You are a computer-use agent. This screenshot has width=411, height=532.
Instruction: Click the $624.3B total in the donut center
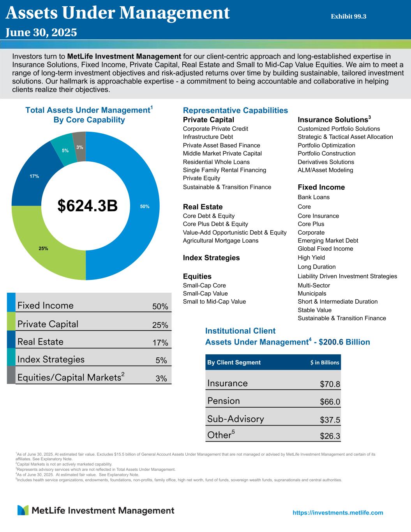click(87, 206)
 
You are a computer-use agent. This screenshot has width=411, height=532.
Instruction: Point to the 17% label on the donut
click(34, 176)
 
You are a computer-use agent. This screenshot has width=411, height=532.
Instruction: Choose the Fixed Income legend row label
click(45, 305)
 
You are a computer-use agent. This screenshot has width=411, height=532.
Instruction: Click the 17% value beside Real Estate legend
click(160, 343)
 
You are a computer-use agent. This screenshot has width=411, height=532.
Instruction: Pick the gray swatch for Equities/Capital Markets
click(11, 375)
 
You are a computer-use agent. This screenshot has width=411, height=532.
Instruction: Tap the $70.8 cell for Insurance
click(330, 384)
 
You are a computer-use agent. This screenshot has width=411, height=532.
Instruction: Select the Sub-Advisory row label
click(236, 419)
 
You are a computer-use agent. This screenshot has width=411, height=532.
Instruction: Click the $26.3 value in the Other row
click(330, 437)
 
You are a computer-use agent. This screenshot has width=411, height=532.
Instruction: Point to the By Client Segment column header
click(234, 362)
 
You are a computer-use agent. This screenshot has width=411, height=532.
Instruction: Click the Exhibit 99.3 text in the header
click(349, 16)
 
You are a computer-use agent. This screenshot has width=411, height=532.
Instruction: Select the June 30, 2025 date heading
click(41, 32)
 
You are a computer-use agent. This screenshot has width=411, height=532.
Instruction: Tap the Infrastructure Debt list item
click(208, 137)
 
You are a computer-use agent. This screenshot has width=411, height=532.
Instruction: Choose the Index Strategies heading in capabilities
click(212, 258)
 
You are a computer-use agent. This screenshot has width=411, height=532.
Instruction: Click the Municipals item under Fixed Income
click(312, 293)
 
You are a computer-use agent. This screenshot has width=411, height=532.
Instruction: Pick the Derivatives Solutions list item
click(326, 162)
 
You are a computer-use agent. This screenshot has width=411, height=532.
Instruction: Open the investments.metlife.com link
click(338, 513)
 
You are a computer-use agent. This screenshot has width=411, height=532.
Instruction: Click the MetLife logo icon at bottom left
click(23, 510)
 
